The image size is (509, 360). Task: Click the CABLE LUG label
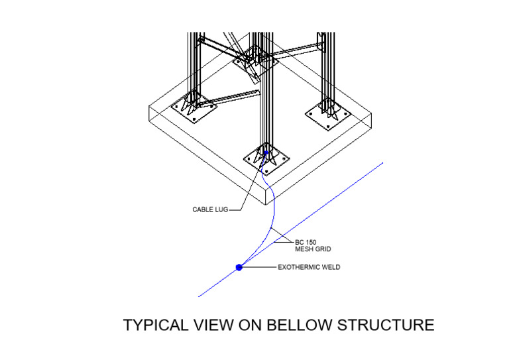(209, 210)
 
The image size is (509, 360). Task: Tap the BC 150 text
(306, 243)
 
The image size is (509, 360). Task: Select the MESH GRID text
(313, 250)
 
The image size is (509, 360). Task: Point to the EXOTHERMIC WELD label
(309, 268)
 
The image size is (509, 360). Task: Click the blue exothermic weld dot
(239, 267)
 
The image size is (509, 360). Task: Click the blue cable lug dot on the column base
(266, 154)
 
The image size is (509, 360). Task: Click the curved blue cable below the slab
(272, 219)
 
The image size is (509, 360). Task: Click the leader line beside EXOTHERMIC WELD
(260, 268)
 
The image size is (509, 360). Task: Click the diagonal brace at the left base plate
(232, 97)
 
